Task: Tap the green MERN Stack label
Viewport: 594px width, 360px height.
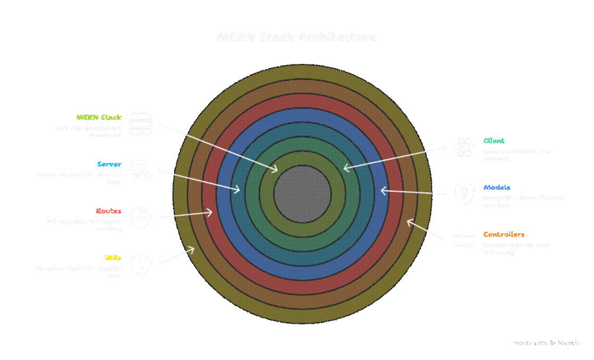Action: coord(98,117)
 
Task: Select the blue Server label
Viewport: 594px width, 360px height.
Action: coord(109,164)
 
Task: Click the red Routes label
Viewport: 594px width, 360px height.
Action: coord(109,211)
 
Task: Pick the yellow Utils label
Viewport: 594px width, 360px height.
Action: coord(113,258)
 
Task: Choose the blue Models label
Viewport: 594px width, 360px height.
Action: coord(497,187)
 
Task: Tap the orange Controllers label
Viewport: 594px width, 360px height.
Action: coord(504,234)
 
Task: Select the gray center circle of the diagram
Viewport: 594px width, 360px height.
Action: coord(302,194)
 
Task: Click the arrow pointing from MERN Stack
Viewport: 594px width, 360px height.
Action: coord(218,148)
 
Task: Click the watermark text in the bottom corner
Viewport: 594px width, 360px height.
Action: coord(547,343)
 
